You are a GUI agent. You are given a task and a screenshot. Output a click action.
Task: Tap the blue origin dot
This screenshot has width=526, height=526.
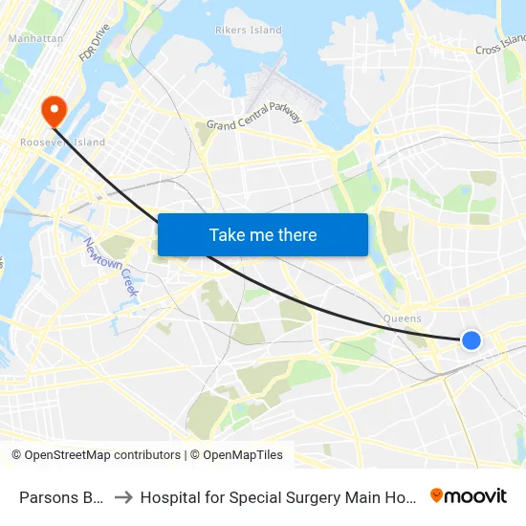[471, 340]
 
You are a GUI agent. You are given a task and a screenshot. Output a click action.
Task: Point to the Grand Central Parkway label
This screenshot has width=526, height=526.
[254, 120]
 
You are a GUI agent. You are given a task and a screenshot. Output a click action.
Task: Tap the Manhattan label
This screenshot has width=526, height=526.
[35, 39]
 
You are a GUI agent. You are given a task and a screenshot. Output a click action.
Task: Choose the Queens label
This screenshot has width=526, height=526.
[402, 318]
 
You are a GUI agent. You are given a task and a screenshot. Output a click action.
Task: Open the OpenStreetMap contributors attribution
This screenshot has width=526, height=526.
[96, 455]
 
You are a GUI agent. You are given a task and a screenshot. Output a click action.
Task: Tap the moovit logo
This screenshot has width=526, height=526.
[469, 495]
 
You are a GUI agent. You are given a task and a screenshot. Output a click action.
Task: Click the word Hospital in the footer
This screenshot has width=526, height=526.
[171, 496]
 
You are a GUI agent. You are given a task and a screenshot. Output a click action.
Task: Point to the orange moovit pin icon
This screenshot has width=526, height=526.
[437, 495]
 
